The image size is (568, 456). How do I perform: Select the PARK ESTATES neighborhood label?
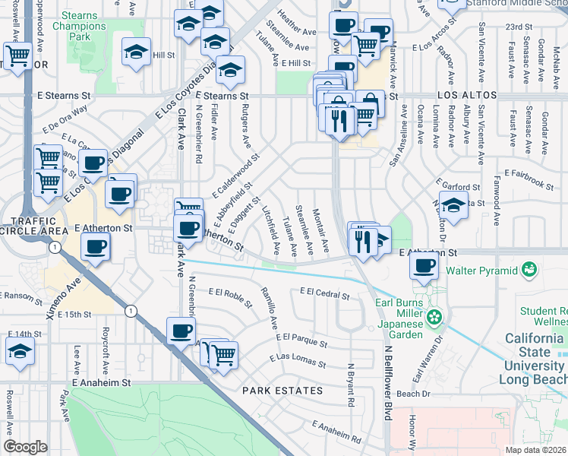pyautogui.click(x=282, y=391)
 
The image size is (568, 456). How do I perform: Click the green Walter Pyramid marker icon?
pyautogui.click(x=530, y=270)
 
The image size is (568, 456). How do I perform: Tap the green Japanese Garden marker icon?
pyautogui.click(x=434, y=315)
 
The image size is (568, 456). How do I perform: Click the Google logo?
pyautogui.click(x=25, y=447)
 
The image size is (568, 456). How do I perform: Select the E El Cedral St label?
pyautogui.click(x=324, y=292)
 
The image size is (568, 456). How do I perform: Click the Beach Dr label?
pyautogui.click(x=414, y=394)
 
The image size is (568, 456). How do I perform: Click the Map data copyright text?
pyautogui.click(x=535, y=450)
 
